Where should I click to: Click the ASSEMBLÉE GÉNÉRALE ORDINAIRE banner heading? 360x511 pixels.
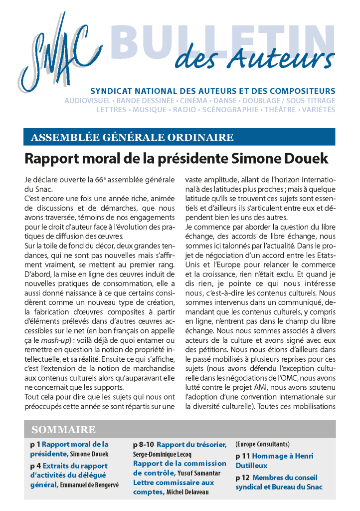coord(132,137)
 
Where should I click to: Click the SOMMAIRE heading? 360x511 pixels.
coord(63,429)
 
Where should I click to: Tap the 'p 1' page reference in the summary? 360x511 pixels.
coord(34,444)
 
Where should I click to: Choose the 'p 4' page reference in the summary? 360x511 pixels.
coord(34,465)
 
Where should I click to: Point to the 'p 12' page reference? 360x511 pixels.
coord(243,477)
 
